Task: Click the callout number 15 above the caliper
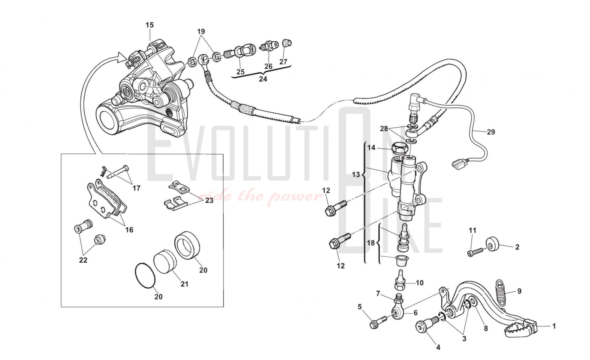point(150,25)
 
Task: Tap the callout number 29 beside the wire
point(491,132)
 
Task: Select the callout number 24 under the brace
point(263,79)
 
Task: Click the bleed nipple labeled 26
point(269,46)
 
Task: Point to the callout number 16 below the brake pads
point(129,230)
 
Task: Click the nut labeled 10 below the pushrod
point(399,286)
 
